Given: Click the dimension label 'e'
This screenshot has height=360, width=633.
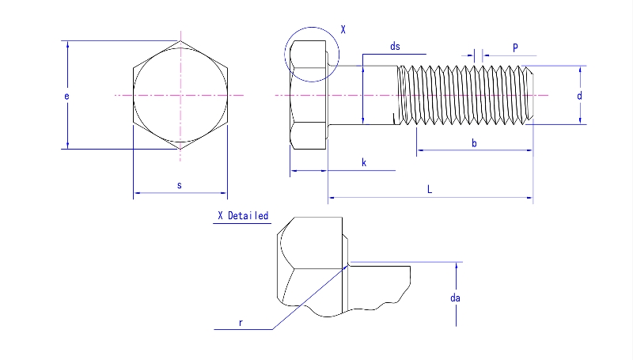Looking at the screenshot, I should [x=66, y=96].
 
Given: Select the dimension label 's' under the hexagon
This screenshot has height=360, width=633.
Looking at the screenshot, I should [x=180, y=185].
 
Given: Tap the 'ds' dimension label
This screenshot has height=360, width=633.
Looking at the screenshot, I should [x=395, y=47].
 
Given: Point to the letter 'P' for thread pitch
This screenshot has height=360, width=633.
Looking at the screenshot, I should [x=515, y=47].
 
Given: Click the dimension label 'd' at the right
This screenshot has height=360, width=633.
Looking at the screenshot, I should [x=579, y=96].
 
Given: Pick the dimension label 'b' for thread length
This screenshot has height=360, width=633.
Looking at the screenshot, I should [x=474, y=142].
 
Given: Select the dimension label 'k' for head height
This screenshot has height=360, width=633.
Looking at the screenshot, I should [x=363, y=162].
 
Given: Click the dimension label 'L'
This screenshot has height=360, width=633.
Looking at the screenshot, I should [x=430, y=189].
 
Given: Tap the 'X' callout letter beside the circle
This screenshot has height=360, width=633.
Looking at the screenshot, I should [x=343, y=29].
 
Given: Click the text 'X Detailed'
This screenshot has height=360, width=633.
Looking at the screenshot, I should [x=243, y=216].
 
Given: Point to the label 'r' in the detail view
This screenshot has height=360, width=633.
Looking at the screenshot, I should [x=240, y=323].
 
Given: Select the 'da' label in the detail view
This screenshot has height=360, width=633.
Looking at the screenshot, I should [x=455, y=298].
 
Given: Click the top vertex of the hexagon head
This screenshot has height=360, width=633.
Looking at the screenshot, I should [x=180, y=41].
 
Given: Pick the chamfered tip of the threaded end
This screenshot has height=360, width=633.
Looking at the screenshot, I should [x=530, y=96].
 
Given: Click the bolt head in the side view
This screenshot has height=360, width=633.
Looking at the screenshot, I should [x=309, y=96].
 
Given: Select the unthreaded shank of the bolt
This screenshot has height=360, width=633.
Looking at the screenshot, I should [x=362, y=96].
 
